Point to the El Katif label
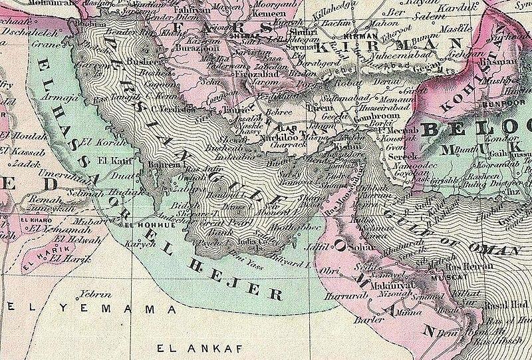pos(111,160)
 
